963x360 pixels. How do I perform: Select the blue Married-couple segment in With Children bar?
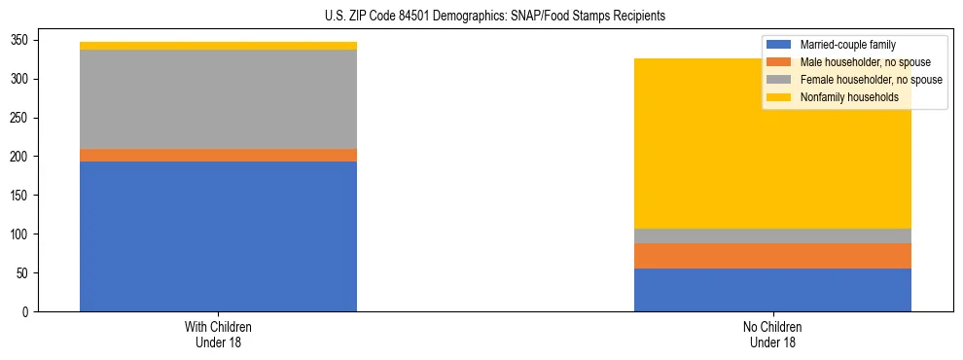[x=218, y=236]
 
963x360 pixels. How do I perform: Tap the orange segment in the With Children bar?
[x=218, y=156]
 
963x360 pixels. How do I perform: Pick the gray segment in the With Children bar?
[x=218, y=99]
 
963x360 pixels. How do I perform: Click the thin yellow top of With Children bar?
[x=218, y=46]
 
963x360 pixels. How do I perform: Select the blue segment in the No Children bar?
[x=772, y=290]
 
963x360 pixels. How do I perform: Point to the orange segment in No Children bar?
[x=772, y=256]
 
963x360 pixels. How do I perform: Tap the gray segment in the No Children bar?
[x=772, y=236]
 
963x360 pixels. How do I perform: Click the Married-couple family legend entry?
[x=847, y=45]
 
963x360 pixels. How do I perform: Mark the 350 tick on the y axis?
[x=26, y=40]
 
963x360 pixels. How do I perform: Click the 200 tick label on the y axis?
[x=26, y=157]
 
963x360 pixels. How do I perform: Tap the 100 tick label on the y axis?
[x=26, y=234]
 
